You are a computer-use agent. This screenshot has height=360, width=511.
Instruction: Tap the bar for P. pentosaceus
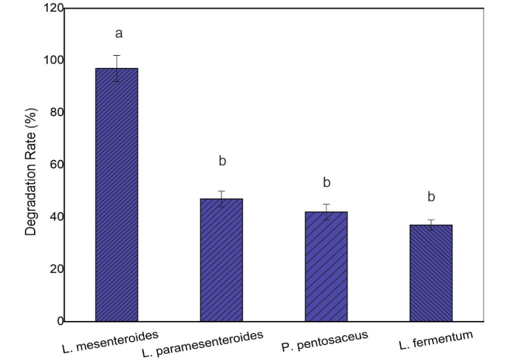point(326,266)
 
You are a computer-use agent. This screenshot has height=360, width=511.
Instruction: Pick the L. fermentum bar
point(431,272)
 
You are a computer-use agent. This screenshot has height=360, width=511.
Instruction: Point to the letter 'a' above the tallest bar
point(117,33)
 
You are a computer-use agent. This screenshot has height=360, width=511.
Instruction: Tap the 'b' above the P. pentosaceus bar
point(326,182)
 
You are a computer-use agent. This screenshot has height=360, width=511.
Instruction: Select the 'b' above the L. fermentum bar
point(431,196)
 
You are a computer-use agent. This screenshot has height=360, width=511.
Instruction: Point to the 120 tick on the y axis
point(53,9)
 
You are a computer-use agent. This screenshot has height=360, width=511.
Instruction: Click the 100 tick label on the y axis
point(53,61)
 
